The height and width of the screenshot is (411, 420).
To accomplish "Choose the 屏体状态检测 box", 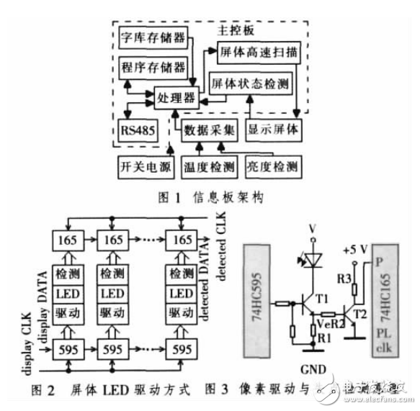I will coord(251,83).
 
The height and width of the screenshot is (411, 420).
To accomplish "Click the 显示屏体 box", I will coord(272,131).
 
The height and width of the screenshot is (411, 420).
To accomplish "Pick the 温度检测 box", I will coord(208,166).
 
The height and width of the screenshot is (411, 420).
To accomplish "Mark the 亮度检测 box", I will coord(272,166).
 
